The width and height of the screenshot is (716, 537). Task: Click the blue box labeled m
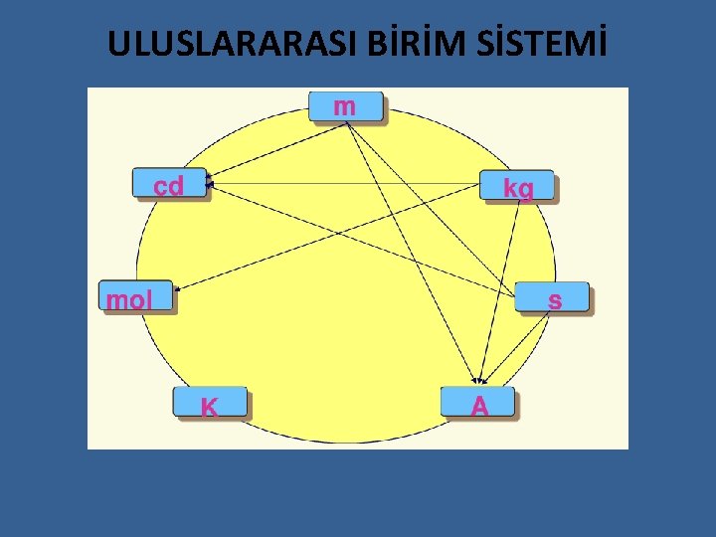[345, 105]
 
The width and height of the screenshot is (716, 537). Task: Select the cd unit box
[170, 184]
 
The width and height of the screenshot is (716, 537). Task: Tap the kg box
[516, 186]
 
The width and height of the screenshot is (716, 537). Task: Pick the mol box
[137, 297]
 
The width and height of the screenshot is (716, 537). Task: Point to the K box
[210, 403]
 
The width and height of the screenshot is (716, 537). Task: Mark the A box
[479, 403]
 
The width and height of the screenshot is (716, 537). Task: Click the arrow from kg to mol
[328, 239]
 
